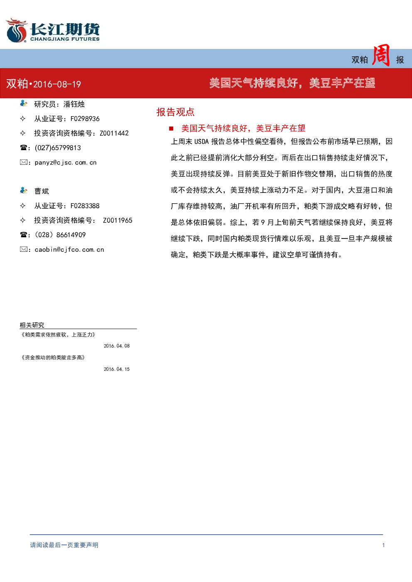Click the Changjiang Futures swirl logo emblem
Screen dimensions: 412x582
17,30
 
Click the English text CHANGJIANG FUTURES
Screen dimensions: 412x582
65,39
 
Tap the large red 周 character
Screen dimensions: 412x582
381,55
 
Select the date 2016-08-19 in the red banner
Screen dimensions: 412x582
57,84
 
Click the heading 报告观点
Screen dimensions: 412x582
175,112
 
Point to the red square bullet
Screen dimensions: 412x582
171,128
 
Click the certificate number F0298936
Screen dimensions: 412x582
85,119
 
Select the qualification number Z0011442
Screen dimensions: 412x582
114,133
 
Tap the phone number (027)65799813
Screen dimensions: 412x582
58,148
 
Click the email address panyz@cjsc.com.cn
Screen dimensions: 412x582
66,163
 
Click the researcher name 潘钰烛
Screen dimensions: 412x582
74,104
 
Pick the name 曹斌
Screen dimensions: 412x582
42,191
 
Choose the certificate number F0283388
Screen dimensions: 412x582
85,206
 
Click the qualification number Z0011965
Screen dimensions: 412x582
118,220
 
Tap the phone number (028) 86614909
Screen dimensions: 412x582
60,235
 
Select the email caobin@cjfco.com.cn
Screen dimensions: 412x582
69,250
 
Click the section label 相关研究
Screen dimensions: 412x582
32,325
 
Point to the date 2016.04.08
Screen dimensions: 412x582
117,346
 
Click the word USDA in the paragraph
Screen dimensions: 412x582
201,141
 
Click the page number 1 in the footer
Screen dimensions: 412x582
383,545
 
